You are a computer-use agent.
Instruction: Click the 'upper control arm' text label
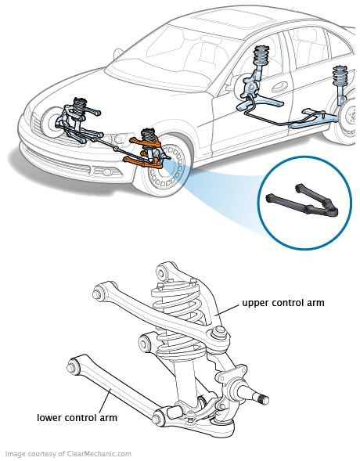283,303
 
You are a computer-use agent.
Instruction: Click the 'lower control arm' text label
77,417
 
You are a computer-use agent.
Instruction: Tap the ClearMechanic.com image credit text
68,454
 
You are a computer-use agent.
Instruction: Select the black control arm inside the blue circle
302,201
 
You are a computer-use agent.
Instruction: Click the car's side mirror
118,54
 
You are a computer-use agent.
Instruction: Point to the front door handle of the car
280,85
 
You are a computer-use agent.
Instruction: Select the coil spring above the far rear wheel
340,76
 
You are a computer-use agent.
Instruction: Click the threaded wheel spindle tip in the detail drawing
264,400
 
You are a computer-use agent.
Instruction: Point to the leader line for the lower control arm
105,401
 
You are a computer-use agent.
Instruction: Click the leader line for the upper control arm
227,310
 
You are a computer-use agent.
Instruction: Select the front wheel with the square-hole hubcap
164,167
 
